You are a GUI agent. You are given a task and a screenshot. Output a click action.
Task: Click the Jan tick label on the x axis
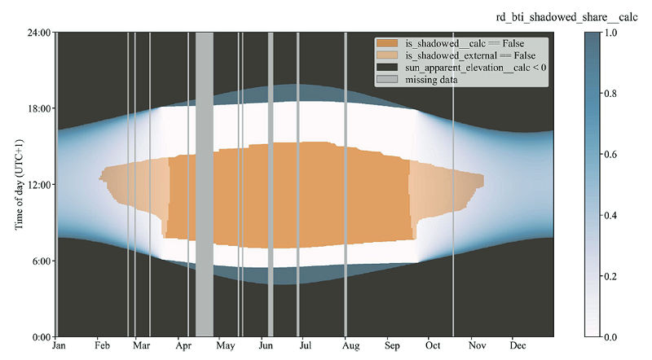pos(58,345)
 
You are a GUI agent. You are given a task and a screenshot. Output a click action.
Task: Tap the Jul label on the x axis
pos(304,345)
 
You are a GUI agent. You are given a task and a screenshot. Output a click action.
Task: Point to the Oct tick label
pos(429,345)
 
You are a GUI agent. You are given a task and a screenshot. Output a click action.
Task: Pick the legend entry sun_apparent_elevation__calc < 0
pos(476,68)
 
